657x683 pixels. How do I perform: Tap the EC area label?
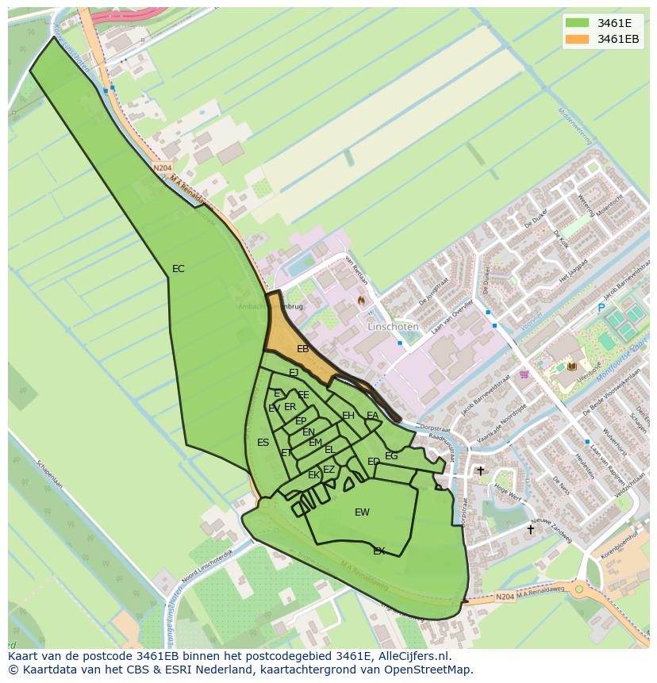179,269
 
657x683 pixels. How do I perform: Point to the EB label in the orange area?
302,349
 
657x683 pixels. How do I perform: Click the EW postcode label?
362,512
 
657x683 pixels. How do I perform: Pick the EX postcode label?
379,551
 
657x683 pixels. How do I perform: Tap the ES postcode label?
263,443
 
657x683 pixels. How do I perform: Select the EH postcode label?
348,416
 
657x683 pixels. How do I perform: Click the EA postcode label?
372,415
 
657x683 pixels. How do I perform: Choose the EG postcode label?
391,456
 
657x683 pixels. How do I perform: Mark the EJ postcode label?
293,373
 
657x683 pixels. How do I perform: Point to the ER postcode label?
290,407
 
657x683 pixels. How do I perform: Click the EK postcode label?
313,475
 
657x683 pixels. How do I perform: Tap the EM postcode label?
315,443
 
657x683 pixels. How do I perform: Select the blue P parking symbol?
601,308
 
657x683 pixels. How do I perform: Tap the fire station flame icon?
361,301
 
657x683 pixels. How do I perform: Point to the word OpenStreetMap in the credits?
431,670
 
